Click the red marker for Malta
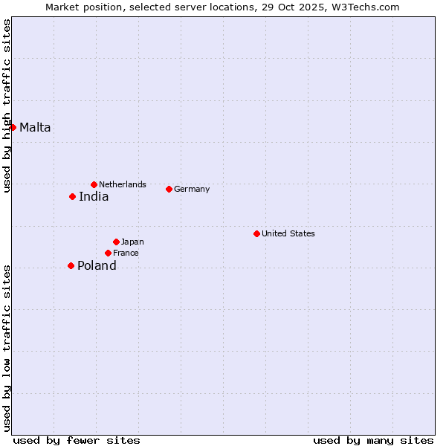click(13, 127)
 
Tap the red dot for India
click(72, 196)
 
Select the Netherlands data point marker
click(94, 184)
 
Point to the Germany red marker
click(169, 189)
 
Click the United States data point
click(256, 233)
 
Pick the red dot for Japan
click(116, 242)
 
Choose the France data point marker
click(108, 253)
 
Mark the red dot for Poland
click(71, 265)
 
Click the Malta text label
click(35, 127)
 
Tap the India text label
click(94, 197)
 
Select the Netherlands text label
click(123, 184)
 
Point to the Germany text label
click(192, 189)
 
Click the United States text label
click(288, 233)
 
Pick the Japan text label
click(132, 242)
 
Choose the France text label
click(126, 253)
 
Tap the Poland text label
click(97, 266)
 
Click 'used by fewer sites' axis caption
click(77, 440)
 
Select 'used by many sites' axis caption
click(373, 440)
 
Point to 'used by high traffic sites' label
click(7, 106)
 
